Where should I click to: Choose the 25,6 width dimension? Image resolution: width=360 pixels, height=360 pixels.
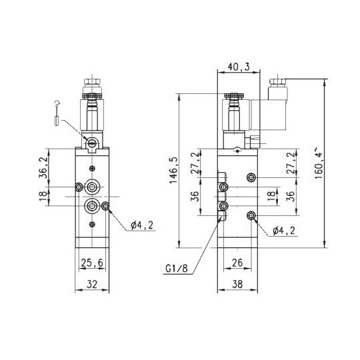coord(91,263)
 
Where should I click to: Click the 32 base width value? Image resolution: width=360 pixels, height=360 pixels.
coord(91,285)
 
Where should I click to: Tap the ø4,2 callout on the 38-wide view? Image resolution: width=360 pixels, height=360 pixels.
coord(285,231)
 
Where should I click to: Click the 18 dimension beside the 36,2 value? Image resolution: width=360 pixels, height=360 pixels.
coord(43,195)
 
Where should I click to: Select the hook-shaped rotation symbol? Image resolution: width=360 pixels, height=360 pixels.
coord(57,102)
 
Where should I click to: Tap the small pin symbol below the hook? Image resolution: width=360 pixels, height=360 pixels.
coord(57,121)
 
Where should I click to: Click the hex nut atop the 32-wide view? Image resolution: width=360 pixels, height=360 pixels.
coord(91,87)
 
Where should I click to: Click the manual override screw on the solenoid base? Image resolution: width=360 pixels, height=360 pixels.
coord(91,141)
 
